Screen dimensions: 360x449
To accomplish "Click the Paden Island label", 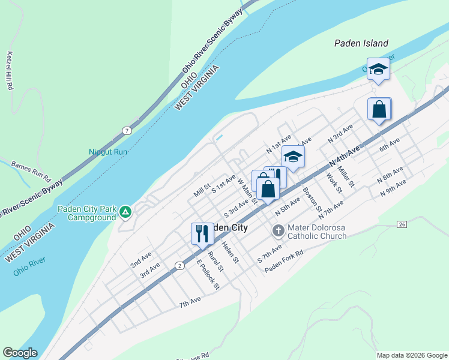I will [361, 43].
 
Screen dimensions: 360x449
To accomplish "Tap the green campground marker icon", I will [125, 212].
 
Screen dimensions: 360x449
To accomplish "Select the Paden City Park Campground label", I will [87, 213].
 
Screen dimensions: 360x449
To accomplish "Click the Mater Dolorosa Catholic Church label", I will [317, 232].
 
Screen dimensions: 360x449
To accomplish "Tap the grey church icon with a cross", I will [279, 230].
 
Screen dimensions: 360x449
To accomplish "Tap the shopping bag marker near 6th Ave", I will [379, 109].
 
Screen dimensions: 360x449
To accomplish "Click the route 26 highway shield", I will [402, 224].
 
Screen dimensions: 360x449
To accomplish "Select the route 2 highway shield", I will [179, 265].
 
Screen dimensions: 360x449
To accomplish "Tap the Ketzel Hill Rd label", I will [10, 70].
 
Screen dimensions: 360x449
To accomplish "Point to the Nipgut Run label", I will [108, 152].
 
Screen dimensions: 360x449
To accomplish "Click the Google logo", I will [20, 353].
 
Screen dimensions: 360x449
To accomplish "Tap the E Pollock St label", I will [207, 275].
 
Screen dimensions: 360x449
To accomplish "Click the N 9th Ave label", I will [393, 188].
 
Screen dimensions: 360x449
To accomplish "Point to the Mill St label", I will [202, 190].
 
